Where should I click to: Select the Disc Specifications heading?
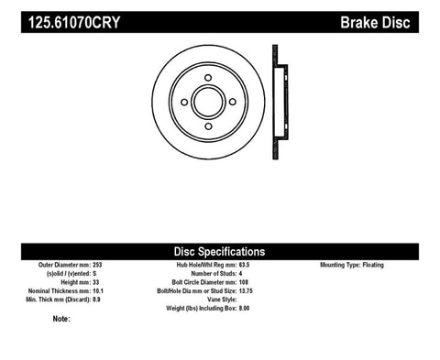click(x=220, y=251)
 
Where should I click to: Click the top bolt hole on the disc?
click(x=207, y=78)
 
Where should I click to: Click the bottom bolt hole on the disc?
click(x=207, y=125)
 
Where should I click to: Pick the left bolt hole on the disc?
click(x=183, y=102)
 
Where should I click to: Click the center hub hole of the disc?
click(x=207, y=102)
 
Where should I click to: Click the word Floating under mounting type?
click(x=399, y=265)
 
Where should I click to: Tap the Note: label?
click(x=62, y=320)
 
